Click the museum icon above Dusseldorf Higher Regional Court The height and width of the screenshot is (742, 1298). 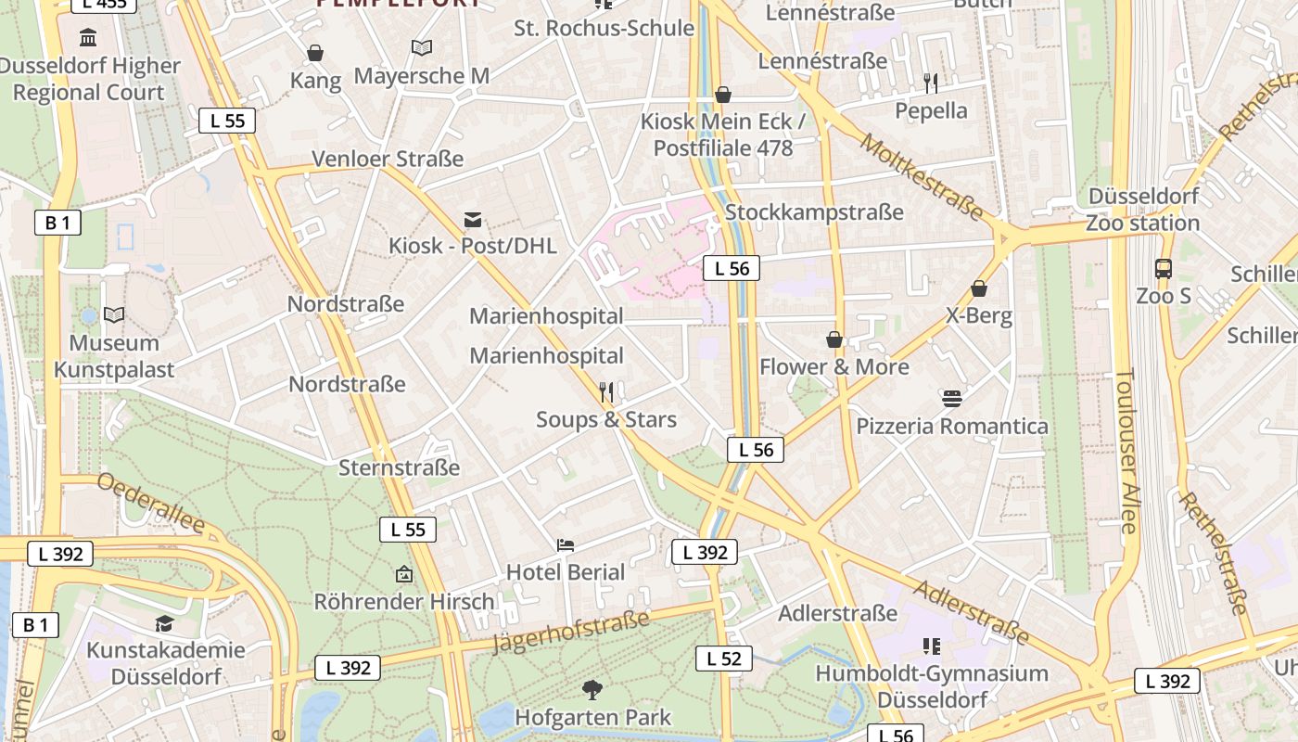coord(89,38)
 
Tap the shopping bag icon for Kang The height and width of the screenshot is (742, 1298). coord(315,53)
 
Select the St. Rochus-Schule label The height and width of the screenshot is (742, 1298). coord(604,28)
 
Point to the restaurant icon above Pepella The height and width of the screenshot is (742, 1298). coord(931,83)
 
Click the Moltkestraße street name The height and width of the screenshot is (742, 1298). coord(921,177)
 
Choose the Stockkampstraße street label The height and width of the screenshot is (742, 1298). coord(814,212)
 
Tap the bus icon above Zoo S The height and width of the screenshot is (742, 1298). coord(1164,269)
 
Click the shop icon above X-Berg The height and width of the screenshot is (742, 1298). coord(979,288)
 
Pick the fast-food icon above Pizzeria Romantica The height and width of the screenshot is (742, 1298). coord(952,399)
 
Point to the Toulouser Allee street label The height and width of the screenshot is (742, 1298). coord(1126,451)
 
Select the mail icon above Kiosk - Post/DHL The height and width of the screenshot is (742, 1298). coord(473,220)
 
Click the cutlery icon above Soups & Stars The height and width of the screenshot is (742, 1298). coord(606,392)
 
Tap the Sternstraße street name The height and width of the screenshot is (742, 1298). coord(399,467)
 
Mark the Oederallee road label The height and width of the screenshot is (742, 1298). coord(150,503)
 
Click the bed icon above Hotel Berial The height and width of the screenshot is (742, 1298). coord(566,545)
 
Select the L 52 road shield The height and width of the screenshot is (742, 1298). coord(724,659)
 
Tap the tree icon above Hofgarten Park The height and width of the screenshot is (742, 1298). coord(592,689)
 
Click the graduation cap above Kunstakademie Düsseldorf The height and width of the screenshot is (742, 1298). coord(164,623)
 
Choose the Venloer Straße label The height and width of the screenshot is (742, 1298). coord(388,159)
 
